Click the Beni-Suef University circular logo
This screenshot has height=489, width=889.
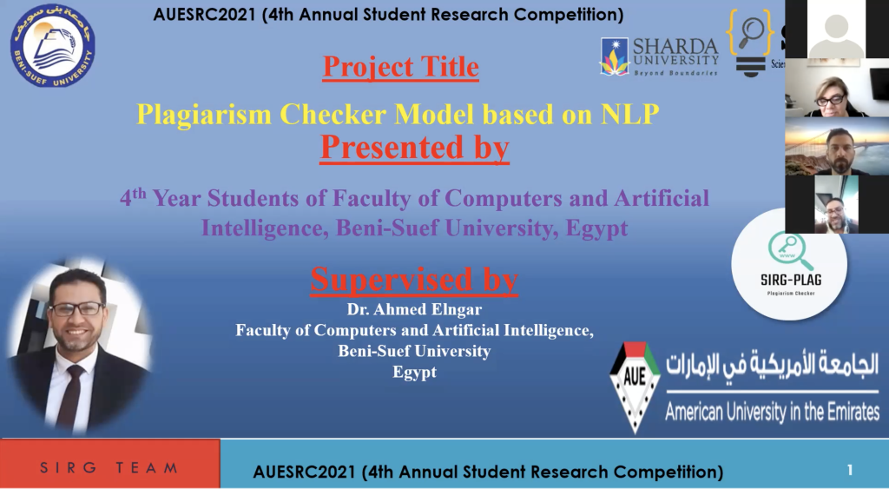coord(52,45)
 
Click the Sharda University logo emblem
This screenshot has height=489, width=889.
coord(615,56)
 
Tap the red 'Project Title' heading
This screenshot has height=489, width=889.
coord(401,67)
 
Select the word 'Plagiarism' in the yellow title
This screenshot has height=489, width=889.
coord(204,115)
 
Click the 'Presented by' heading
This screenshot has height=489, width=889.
coord(414,148)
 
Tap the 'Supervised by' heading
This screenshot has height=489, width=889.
coord(414,279)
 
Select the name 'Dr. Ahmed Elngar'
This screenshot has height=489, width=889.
coord(414,310)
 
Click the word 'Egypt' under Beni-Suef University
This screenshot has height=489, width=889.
coord(414,372)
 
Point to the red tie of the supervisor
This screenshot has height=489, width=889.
coord(71,395)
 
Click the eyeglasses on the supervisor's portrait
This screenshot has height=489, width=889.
coord(77,309)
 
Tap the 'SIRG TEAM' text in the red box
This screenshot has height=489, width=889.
coord(109,468)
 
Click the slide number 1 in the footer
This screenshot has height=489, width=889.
coord(849,470)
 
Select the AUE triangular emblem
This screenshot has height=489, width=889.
coord(635,387)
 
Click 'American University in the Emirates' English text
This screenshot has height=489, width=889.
coord(772,412)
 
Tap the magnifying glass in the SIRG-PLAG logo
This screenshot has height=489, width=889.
coord(790,251)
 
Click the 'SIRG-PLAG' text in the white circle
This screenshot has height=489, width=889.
coord(791,280)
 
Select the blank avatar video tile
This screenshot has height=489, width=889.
coord(836,29)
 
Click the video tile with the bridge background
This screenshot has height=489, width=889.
coord(837,146)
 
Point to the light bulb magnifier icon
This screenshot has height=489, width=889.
coord(751,43)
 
